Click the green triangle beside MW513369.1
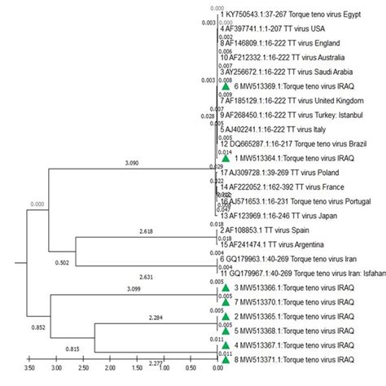pyautogui.click(x=226, y=86)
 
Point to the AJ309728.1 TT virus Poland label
pyautogui.click(x=273, y=173)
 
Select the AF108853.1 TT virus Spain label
pyautogui.click(x=265, y=230)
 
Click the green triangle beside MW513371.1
pyautogui.click(x=226, y=357)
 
